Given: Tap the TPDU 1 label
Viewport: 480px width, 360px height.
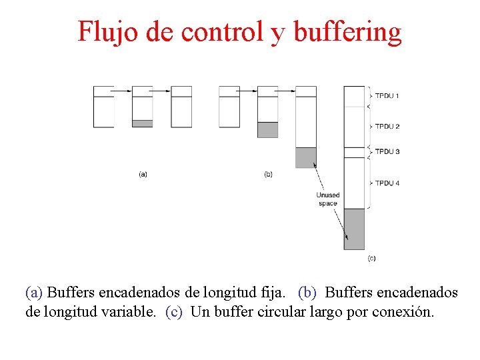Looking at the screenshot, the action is click(x=387, y=96).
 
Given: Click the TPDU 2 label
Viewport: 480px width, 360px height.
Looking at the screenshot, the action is click(x=387, y=127).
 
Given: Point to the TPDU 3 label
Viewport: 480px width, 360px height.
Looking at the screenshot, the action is click(x=387, y=151).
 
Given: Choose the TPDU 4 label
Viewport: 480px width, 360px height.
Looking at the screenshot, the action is click(x=387, y=183).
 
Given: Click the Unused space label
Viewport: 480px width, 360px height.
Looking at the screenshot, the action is click(x=327, y=199).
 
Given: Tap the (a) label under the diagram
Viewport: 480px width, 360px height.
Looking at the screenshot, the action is click(x=143, y=174).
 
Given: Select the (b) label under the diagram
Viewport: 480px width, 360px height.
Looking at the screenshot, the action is click(x=268, y=174).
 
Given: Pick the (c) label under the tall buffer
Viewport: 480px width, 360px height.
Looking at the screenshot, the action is click(x=371, y=258).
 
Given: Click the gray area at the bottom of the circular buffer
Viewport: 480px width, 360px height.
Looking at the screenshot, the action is click(x=354, y=229).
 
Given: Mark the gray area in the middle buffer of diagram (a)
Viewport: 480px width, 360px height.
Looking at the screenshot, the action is click(x=142, y=123).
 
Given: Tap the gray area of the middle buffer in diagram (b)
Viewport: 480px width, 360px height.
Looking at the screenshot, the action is click(x=267, y=129).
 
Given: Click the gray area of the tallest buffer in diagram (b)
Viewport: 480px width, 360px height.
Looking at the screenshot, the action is click(x=305, y=157).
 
